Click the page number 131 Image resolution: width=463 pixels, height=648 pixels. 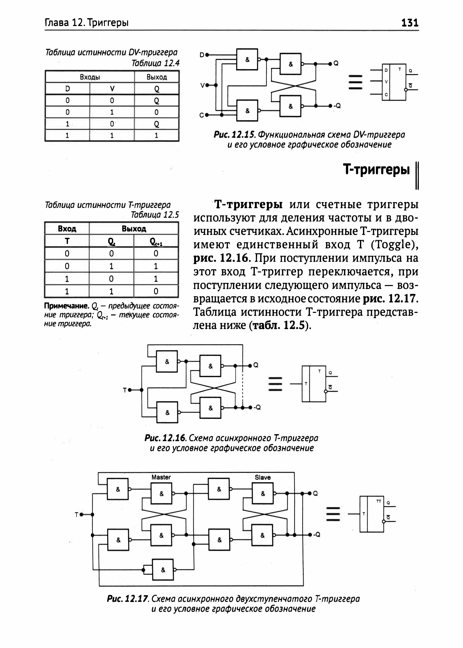coord(410,22)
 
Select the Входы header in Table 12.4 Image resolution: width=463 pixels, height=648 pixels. coord(90,77)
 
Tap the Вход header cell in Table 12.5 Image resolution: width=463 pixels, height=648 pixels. coord(67,229)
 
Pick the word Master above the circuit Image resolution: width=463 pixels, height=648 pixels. coord(161,477)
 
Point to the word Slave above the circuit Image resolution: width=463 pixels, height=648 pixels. coord(263,477)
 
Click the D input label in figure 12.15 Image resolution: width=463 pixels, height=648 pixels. coord(202,55)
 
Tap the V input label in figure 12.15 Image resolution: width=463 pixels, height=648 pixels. coord(202,85)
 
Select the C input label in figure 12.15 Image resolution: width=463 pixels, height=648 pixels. coord(202,115)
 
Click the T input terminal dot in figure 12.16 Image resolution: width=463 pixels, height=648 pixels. coord(130,390)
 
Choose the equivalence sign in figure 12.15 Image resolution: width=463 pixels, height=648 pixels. coord(355,82)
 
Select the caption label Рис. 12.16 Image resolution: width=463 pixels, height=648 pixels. coord(165,437)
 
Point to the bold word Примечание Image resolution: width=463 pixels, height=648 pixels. coord(67,306)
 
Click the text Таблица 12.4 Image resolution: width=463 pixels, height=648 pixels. coord(156,63)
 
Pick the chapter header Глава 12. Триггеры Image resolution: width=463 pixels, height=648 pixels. coord(87,22)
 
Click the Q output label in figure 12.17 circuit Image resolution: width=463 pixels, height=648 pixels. coord(315,493)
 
